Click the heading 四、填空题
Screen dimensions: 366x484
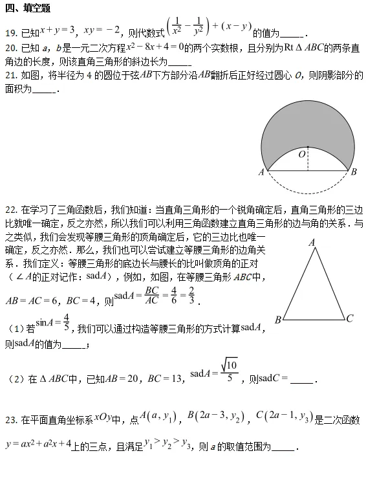pos(28,8)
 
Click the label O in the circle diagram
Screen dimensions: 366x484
pos(301,155)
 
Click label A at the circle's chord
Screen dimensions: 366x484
pos(261,172)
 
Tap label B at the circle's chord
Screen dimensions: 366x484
pos(354,172)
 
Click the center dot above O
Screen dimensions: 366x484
pos(308,146)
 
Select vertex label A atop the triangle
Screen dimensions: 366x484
pos(312,242)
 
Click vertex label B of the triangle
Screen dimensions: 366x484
pos(277,319)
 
